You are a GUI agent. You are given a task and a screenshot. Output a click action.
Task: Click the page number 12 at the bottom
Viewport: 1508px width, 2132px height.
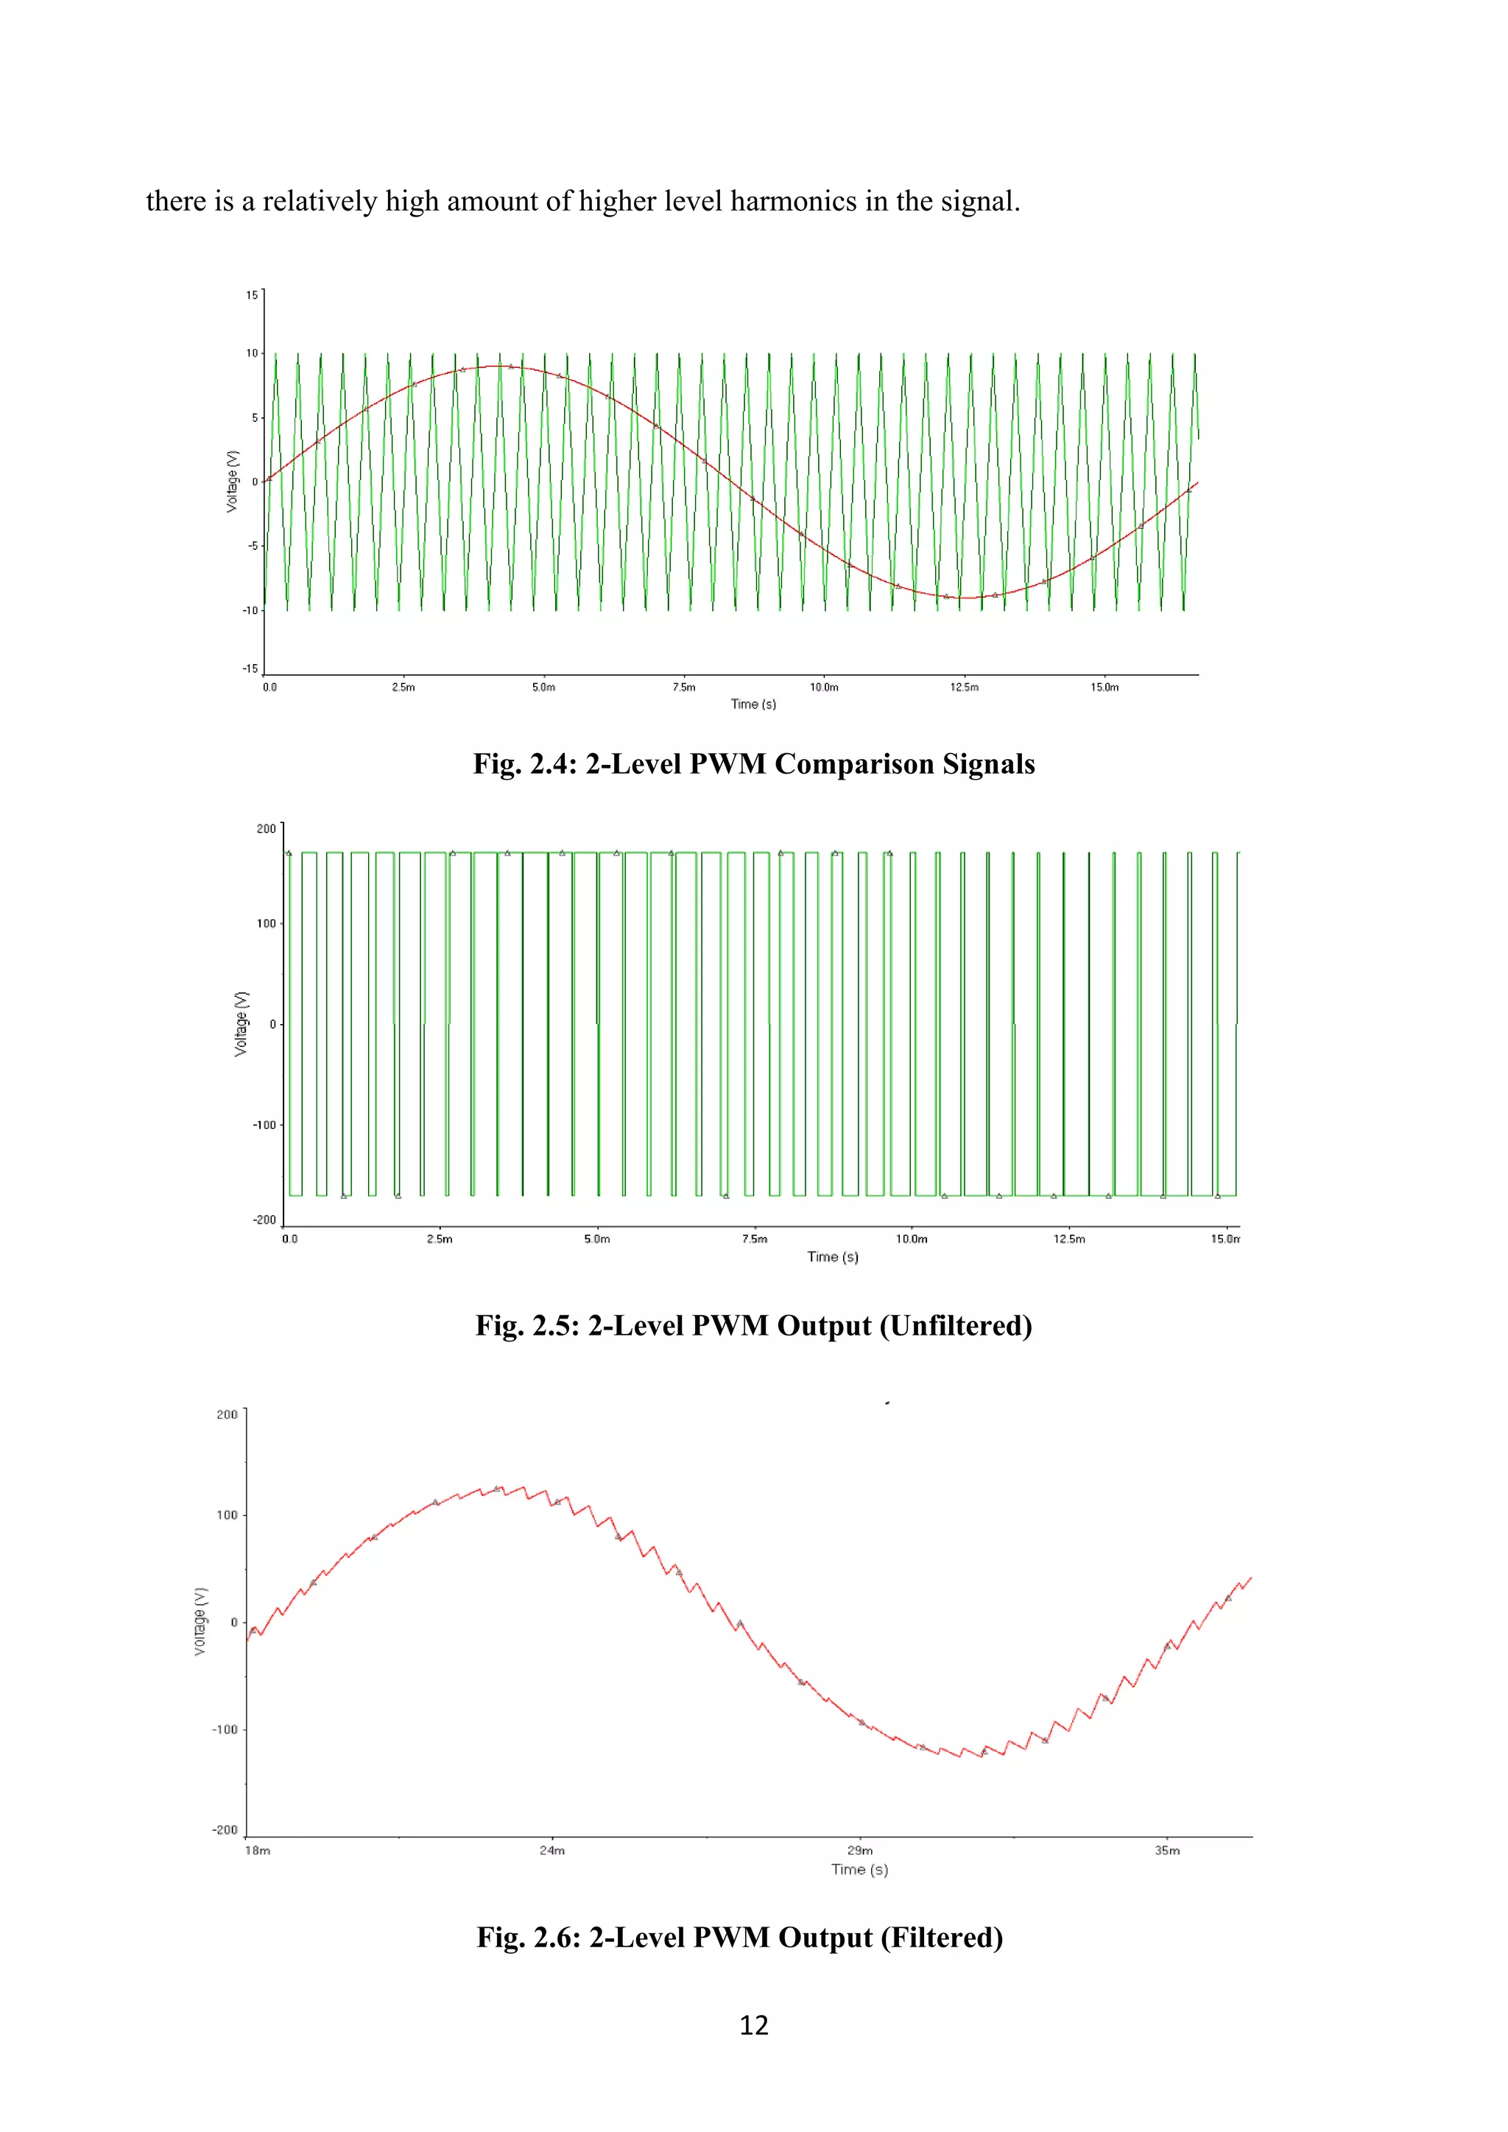pyautogui.click(x=753, y=2025)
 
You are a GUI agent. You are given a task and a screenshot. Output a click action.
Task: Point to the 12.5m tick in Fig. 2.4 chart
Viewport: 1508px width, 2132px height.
pyautogui.click(x=964, y=687)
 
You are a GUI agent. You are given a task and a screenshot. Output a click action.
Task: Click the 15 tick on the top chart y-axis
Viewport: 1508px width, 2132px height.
pyautogui.click(x=252, y=295)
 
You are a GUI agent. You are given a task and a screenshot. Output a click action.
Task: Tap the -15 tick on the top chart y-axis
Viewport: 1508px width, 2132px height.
pyautogui.click(x=250, y=668)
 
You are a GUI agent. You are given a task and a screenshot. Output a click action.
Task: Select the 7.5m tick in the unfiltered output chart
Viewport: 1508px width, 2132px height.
pyautogui.click(x=754, y=1239)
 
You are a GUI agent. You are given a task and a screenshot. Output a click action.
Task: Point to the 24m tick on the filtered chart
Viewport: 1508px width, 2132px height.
pyautogui.click(x=552, y=1851)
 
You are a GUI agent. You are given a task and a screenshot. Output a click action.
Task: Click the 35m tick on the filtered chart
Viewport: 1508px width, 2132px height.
pyautogui.click(x=1167, y=1851)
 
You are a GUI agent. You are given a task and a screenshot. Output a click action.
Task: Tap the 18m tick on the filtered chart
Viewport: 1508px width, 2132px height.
pyautogui.click(x=257, y=1851)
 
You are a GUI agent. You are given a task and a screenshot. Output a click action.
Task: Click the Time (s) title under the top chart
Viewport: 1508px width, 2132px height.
pyautogui.click(x=753, y=704)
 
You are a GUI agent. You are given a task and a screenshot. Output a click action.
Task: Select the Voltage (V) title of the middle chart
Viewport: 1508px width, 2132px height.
pyautogui.click(x=242, y=1023)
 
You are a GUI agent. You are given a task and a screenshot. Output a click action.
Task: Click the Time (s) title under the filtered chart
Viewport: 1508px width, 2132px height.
pyautogui.click(x=859, y=1869)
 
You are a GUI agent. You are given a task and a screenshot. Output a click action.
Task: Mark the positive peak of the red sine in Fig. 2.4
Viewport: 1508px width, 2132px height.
pyautogui.click(x=501, y=366)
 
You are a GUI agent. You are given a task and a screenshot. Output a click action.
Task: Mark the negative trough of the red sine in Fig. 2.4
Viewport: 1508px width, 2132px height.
pyautogui.click(x=966, y=598)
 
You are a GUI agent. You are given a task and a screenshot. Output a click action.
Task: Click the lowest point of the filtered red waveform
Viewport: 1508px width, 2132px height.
pyautogui.click(x=982, y=1757)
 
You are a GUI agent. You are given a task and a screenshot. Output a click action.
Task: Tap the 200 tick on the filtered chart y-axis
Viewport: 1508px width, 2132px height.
pyautogui.click(x=227, y=1414)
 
